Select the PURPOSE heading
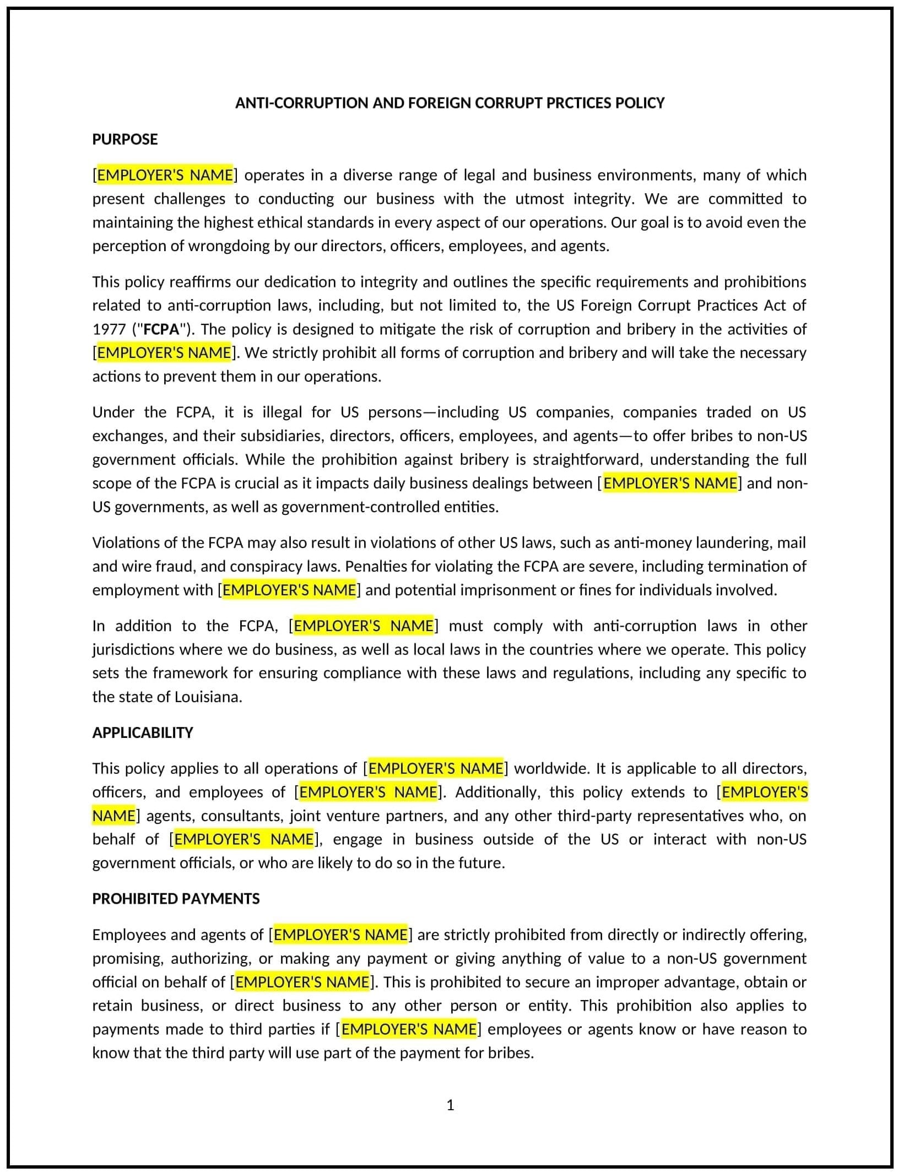point(125,139)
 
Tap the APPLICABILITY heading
point(143,732)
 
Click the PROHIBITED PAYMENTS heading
point(176,899)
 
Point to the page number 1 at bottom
point(450,1105)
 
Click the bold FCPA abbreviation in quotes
point(161,329)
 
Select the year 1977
point(109,329)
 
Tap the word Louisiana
point(208,697)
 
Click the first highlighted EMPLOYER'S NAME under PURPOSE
point(165,175)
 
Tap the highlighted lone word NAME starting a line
point(113,816)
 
